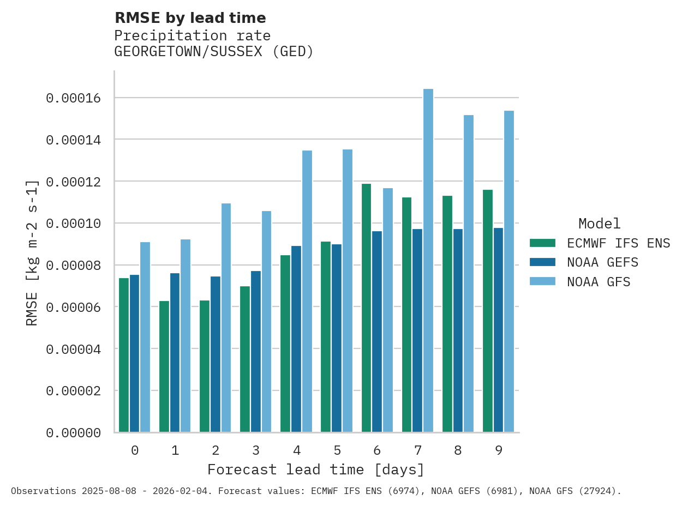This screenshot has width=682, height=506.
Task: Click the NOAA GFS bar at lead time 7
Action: pos(428,261)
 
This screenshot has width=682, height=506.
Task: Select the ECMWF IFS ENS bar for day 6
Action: pos(366,308)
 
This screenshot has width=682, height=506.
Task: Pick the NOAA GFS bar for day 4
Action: pos(307,291)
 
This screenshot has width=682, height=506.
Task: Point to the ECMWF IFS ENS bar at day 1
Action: pos(164,366)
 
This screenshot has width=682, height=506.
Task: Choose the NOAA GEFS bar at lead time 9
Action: pos(498,330)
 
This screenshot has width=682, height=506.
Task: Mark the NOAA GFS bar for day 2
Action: pos(226,318)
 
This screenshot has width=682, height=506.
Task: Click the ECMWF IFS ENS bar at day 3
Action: pos(245,359)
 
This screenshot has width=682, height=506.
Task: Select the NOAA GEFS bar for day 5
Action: pos(337,338)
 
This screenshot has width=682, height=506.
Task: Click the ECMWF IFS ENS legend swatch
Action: pos(542,243)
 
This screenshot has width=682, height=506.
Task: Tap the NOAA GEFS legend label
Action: pos(602,262)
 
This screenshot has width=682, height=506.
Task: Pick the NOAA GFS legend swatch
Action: pos(542,282)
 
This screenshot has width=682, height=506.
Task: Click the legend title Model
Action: pos(599,224)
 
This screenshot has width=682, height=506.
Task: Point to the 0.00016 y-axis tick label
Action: pos(73,98)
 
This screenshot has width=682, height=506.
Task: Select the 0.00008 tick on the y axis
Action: pos(73,266)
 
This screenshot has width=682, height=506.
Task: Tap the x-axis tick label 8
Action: pos(458,450)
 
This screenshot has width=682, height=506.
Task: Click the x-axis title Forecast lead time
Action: pos(315,469)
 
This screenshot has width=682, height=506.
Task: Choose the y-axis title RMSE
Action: pos(32,252)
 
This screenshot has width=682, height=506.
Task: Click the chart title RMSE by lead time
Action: pos(190,18)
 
